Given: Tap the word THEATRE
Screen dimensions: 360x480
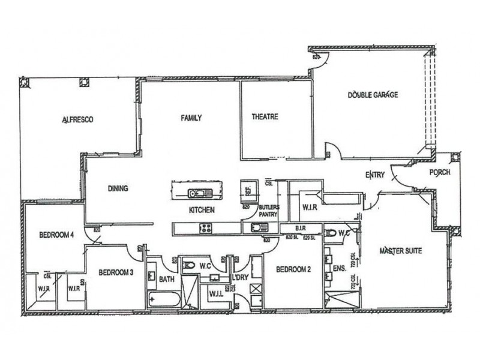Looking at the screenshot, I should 265,117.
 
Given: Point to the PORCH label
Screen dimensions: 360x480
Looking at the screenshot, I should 441,173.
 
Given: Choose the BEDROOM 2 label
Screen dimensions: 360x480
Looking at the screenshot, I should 293,270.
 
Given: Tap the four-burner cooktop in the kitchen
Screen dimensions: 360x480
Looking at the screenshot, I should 205,227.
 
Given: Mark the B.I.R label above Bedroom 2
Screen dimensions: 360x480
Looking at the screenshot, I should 301,229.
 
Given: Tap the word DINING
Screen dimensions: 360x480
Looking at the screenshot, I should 118,188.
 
